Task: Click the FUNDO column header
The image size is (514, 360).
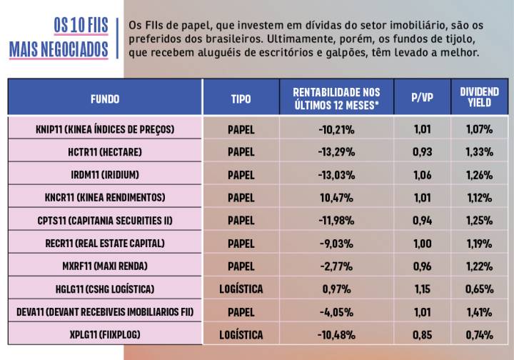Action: tap(105, 99)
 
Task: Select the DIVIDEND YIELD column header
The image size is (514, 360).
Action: tap(479, 98)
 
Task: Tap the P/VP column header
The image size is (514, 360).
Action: tap(422, 99)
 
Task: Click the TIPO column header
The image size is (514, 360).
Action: tap(241, 99)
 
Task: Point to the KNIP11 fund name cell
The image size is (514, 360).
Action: tap(105, 129)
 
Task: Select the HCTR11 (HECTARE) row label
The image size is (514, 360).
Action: tap(105, 152)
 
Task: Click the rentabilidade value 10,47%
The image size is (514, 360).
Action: tap(336, 198)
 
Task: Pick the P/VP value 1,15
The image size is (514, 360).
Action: tap(422, 289)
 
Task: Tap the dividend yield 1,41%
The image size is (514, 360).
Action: tap(479, 312)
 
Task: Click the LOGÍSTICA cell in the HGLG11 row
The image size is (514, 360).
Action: tap(241, 289)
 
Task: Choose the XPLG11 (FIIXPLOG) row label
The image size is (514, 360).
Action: tap(105, 335)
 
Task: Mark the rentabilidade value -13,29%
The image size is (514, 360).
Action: tap(336, 152)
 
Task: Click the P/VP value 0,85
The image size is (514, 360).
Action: tap(422, 335)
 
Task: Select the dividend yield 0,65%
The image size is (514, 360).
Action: tap(479, 289)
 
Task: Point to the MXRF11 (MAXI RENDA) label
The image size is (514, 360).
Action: tap(105, 266)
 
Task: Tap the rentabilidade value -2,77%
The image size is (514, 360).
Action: tap(336, 266)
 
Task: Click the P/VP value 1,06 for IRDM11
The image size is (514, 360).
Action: tap(422, 175)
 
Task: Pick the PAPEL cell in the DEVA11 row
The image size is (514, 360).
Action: tap(241, 312)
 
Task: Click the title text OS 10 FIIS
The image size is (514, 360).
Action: tap(80, 25)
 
